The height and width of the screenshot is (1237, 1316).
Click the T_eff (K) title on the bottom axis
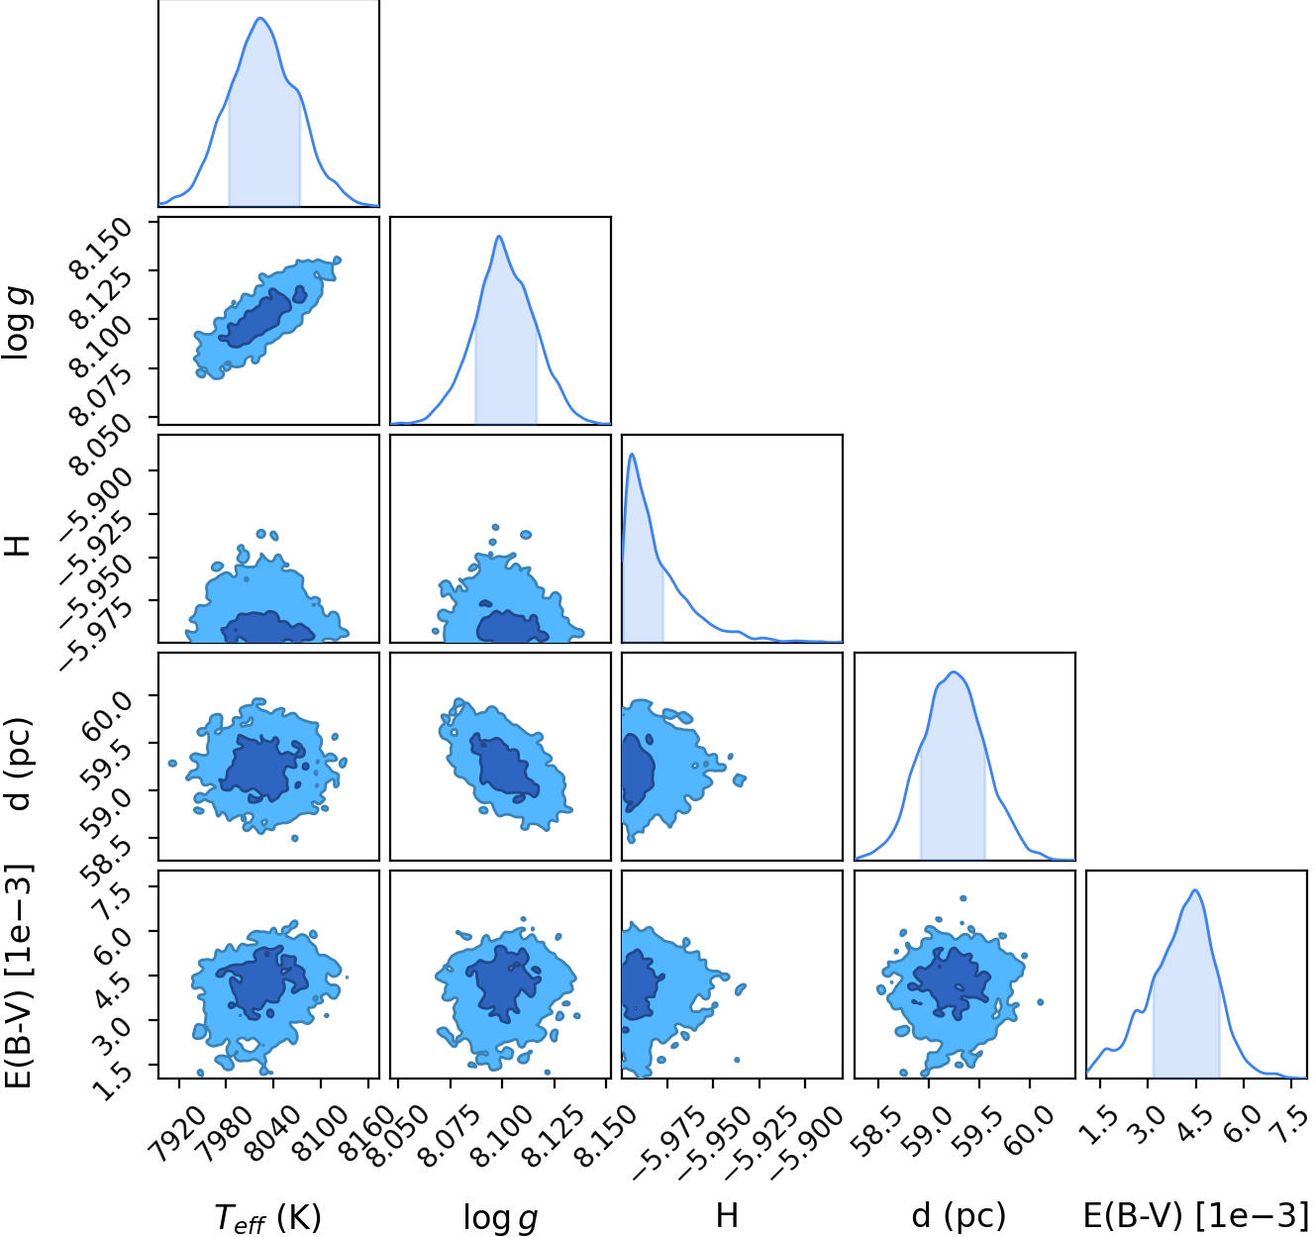click(267, 1217)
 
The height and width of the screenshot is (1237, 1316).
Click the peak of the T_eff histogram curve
click(260, 18)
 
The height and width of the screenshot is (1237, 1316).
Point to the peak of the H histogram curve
click(632, 454)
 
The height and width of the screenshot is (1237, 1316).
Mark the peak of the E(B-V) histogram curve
click(1195, 889)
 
